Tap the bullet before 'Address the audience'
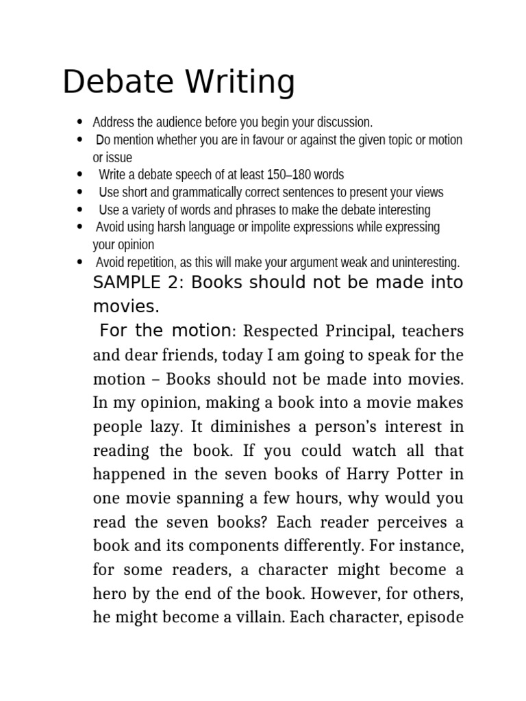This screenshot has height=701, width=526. (80, 123)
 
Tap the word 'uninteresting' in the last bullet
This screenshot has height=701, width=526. (425, 262)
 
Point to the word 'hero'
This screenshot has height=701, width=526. (108, 594)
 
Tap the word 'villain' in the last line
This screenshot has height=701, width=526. (258, 618)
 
